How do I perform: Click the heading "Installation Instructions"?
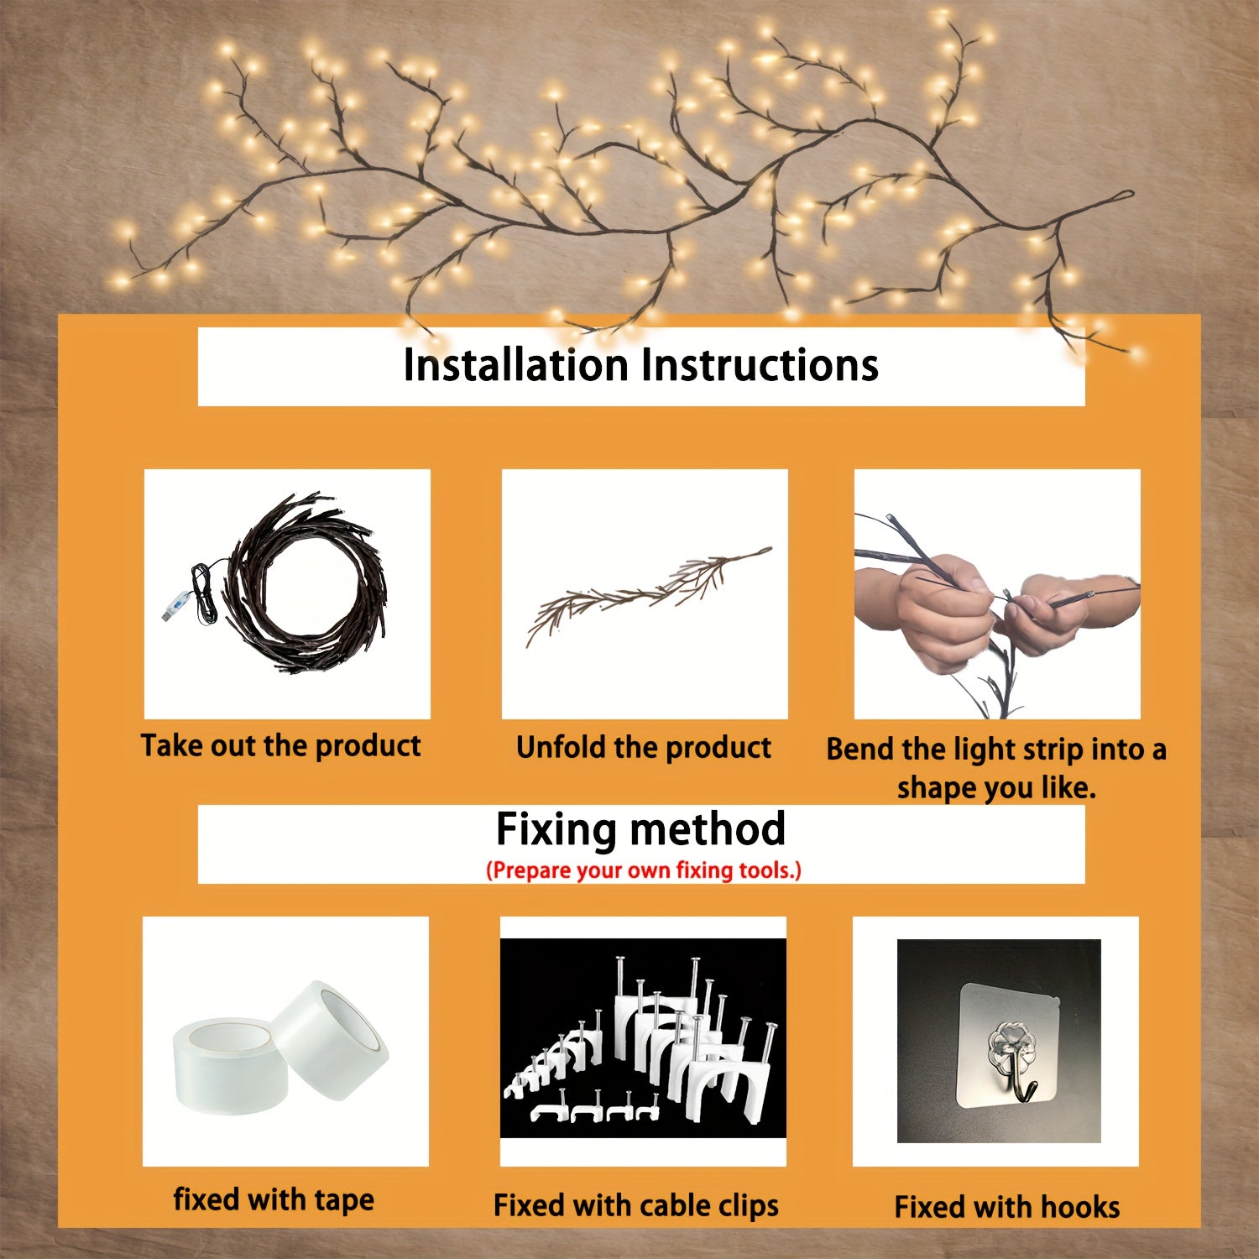640,365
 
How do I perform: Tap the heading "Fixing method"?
640,829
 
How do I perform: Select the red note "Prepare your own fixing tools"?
644,870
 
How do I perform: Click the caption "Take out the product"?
280,746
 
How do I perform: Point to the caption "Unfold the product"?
644,748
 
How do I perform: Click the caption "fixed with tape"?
274,1199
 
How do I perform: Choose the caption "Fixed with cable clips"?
636,1206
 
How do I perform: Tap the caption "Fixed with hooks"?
1007,1208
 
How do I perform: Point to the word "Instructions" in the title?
760,365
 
